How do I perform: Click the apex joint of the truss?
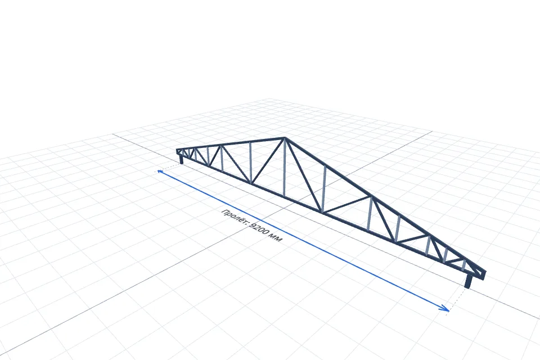pyautogui.click(x=285, y=138)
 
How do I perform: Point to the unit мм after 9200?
pyautogui.click(x=276, y=238)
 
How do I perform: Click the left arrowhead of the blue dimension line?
pyautogui.click(x=160, y=171)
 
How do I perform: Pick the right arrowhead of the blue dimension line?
pyautogui.click(x=444, y=308)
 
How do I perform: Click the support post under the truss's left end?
pyautogui.click(x=182, y=160)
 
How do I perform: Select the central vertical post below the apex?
pyautogui.click(x=284, y=168)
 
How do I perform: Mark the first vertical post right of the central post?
pyautogui.click(x=324, y=189)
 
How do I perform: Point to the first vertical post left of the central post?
pyautogui.click(x=250, y=162)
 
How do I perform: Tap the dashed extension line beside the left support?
pyautogui.click(x=169, y=168)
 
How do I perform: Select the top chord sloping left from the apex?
pyautogui.click(x=231, y=144)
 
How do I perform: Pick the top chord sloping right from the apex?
pyautogui.click(x=385, y=205)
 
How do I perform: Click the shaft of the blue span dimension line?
pyautogui.click(x=303, y=240)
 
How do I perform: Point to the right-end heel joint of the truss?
pyautogui.click(x=481, y=274)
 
